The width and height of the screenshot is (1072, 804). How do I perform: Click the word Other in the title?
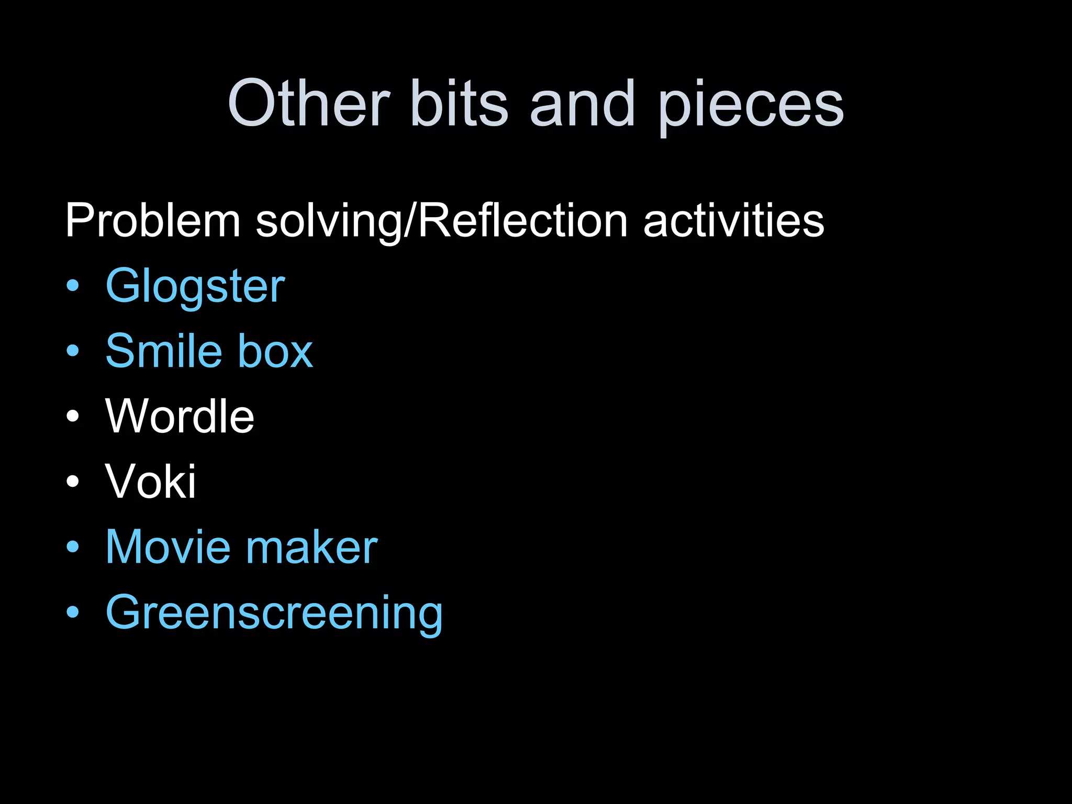pyautogui.click(x=309, y=103)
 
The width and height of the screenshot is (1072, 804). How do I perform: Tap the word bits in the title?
pyautogui.click(x=460, y=103)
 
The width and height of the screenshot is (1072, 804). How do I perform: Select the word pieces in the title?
pyautogui.click(x=751, y=107)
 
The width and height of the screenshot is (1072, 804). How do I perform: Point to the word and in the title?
pyautogui.click(x=583, y=103)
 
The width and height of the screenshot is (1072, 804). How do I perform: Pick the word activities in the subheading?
pyautogui.click(x=733, y=221)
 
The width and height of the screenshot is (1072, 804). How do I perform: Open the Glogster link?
pyautogui.click(x=195, y=287)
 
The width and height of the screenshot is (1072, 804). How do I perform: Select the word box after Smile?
pyautogui.click(x=275, y=351)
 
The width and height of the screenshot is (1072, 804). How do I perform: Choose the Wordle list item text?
pyautogui.click(x=180, y=416)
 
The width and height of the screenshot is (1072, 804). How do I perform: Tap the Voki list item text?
pyautogui.click(x=151, y=481)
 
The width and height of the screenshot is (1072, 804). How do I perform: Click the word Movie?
pyautogui.click(x=168, y=547)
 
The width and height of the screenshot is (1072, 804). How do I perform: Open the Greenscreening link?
pyautogui.click(x=274, y=613)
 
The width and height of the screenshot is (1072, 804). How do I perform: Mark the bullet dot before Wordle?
pyautogui.click(x=73, y=417)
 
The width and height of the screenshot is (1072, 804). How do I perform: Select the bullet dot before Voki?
pyautogui.click(x=73, y=482)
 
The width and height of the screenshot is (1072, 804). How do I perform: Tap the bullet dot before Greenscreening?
pyautogui.click(x=73, y=612)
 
